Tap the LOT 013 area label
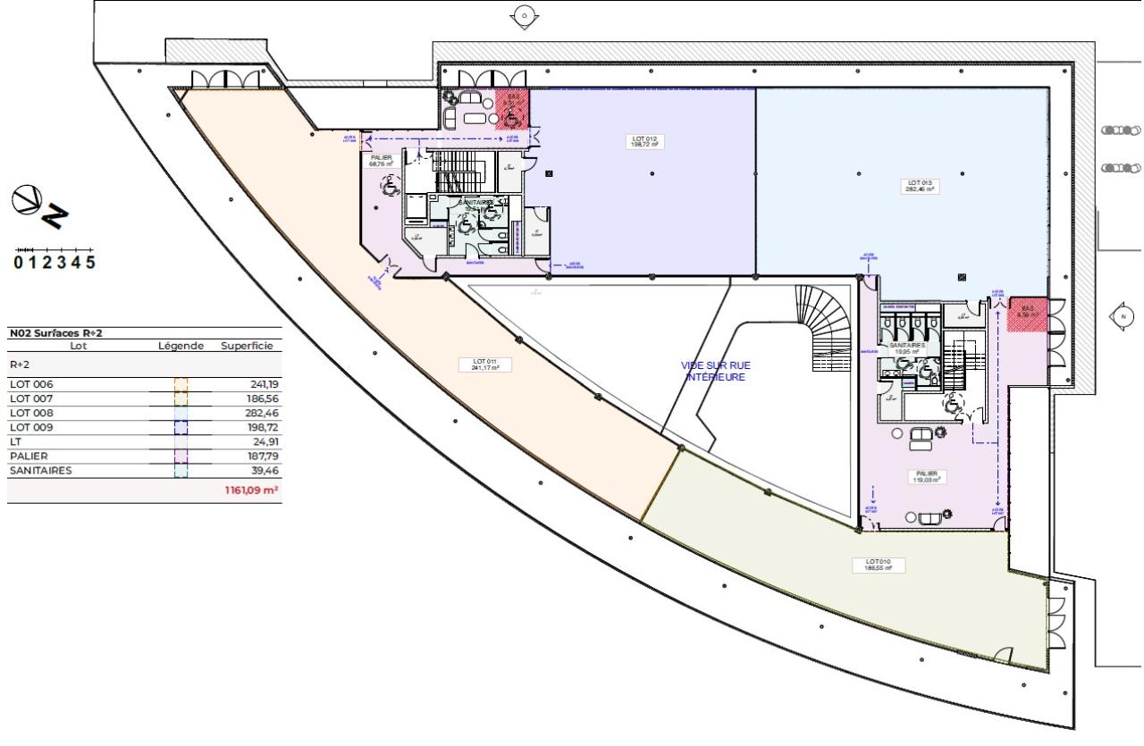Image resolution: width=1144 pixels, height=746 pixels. [x=921, y=186]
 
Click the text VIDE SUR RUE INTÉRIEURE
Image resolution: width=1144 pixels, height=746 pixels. [x=715, y=371]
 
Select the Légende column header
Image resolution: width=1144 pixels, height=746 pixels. [x=181, y=346]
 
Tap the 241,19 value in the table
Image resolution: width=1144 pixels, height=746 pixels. [x=260, y=385]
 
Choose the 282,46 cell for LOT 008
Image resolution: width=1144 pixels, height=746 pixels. [x=260, y=414]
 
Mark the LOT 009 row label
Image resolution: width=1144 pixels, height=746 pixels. [x=31, y=428]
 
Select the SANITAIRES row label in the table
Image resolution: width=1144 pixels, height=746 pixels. [x=40, y=471]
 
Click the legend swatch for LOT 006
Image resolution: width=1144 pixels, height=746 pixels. [x=181, y=385]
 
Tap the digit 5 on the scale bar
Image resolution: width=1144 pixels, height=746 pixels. [x=89, y=263]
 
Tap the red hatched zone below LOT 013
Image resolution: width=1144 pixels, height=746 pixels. [x=1027, y=314]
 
